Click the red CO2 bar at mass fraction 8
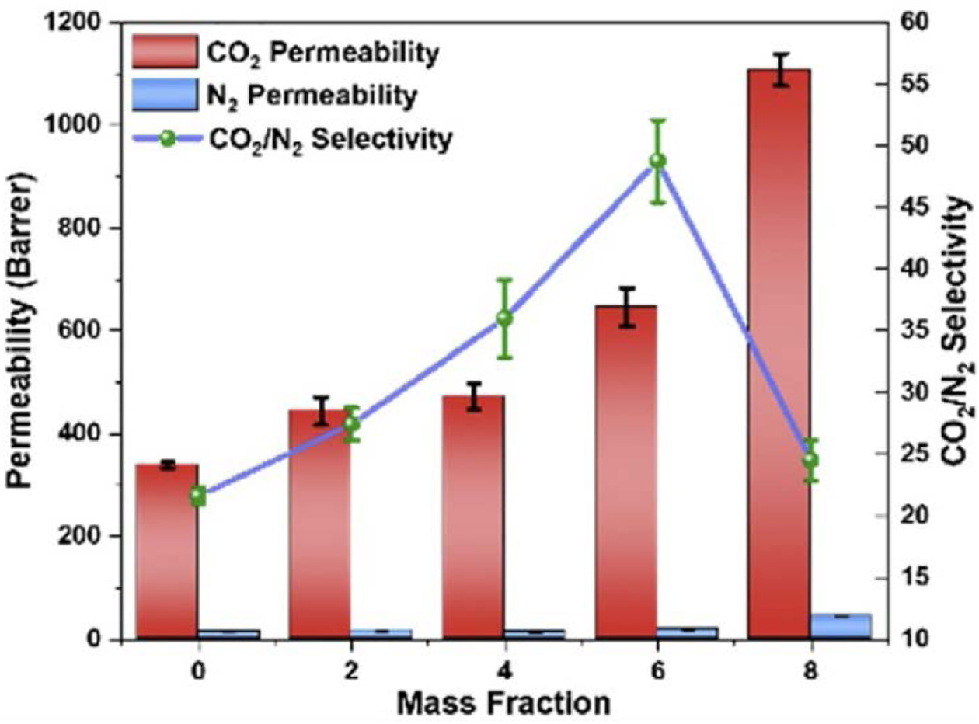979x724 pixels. pyautogui.click(x=780, y=354)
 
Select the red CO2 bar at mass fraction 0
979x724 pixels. pyautogui.click(x=167, y=552)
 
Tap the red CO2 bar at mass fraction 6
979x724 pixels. pyautogui.click(x=627, y=472)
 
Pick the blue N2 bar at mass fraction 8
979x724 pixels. pyautogui.click(x=841, y=626)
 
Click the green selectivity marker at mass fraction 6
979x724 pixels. pyautogui.click(x=657, y=161)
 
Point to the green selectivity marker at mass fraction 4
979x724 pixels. pyautogui.click(x=505, y=318)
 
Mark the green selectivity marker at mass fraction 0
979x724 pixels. pyautogui.click(x=199, y=496)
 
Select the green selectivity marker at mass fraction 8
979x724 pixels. pyautogui.click(x=811, y=460)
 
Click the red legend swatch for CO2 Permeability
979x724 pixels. pyautogui.click(x=165, y=51)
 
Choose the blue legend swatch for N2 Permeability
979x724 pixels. pyautogui.click(x=165, y=95)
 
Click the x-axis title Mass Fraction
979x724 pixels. pyautogui.click(x=503, y=704)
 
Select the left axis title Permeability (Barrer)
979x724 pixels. pyautogui.click(x=20, y=329)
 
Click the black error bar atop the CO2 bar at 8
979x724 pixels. pyautogui.click(x=780, y=70)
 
